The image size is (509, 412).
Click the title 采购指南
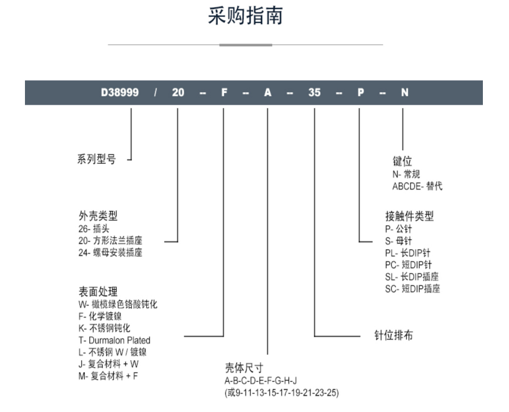tap(246, 16)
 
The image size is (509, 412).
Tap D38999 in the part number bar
tap(120, 92)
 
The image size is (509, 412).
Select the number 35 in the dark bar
tap(314, 92)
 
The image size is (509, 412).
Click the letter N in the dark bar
tap(405, 92)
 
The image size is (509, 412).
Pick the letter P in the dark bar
tap(360, 92)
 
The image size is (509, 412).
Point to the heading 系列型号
tap(96, 159)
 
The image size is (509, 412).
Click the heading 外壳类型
tap(98, 216)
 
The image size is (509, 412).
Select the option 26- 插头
tap(94, 229)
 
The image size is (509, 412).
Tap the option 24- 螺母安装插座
tap(110, 252)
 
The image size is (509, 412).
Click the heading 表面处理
tap(98, 291)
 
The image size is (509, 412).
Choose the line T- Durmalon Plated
tap(114, 340)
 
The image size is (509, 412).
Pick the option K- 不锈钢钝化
tap(104, 328)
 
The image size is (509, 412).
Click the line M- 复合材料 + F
tap(108, 376)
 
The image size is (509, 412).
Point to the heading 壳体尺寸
tap(244, 368)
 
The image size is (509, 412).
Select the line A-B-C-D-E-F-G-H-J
tap(261, 381)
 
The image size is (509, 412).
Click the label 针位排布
tap(394, 335)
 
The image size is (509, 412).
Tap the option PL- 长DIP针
tap(407, 253)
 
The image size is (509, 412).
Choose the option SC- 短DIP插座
tap(413, 288)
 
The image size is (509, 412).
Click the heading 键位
tap(402, 161)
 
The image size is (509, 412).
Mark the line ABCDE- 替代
tap(417, 186)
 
